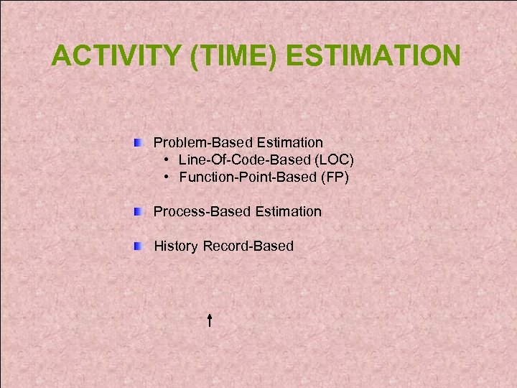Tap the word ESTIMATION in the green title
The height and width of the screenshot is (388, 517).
pyautogui.click(x=381, y=55)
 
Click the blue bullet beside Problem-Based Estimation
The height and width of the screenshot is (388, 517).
pyautogui.click(x=138, y=142)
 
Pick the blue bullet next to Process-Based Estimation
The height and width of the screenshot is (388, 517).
pyautogui.click(x=138, y=211)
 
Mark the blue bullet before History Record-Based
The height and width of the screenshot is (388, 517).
pyautogui.click(x=138, y=246)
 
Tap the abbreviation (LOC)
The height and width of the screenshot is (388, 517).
pyautogui.click(x=335, y=160)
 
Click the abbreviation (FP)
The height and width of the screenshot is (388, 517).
pyautogui.click(x=335, y=177)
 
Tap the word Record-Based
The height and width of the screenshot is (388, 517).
pyautogui.click(x=248, y=246)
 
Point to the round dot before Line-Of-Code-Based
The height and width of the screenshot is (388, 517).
pyautogui.click(x=166, y=160)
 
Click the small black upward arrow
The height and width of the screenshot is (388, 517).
pyautogui.click(x=208, y=320)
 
